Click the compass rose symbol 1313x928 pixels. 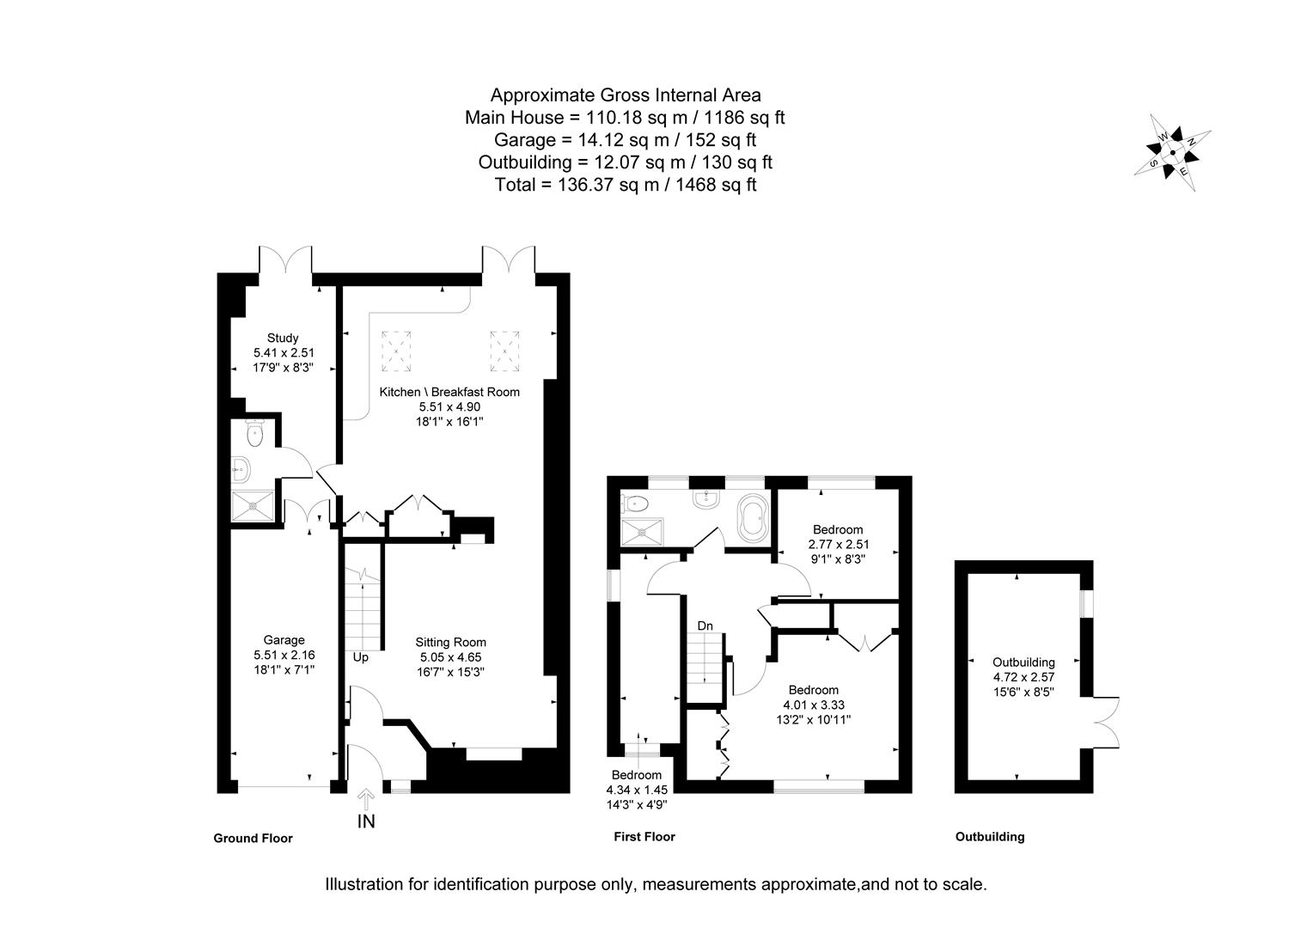point(1173,154)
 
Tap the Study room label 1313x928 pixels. point(282,338)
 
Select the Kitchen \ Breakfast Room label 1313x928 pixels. point(449,392)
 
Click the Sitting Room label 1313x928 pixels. point(450,642)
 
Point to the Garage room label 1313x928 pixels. point(284,639)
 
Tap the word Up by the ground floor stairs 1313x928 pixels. point(361,657)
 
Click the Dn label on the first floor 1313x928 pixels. point(705,626)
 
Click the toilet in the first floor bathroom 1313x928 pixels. point(637,503)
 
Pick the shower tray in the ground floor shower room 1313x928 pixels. point(253,506)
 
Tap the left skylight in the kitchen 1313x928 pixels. point(396,351)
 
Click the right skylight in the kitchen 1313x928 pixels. point(506,346)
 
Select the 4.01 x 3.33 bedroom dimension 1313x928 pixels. point(813,705)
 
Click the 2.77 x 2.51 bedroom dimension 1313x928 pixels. point(838,544)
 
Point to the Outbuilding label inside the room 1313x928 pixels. point(1023,662)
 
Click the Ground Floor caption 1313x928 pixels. point(253,839)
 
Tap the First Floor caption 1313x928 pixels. point(644,837)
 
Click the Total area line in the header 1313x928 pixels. point(625,185)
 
